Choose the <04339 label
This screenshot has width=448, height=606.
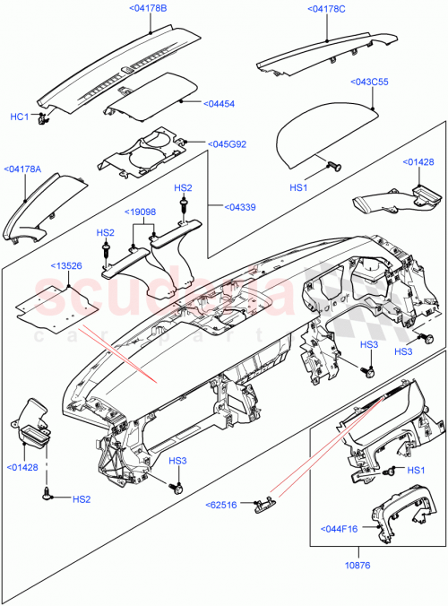point(227,206)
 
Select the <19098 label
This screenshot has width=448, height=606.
point(141,212)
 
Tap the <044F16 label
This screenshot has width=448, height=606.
point(338,529)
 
